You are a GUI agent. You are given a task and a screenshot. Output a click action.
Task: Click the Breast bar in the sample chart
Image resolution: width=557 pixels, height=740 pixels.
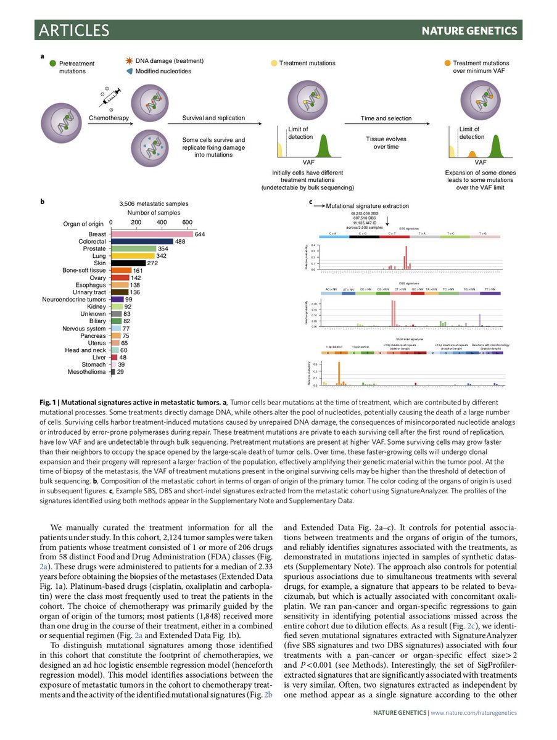(x=152, y=234)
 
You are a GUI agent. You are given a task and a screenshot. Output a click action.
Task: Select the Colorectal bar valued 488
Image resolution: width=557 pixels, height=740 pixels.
(x=142, y=242)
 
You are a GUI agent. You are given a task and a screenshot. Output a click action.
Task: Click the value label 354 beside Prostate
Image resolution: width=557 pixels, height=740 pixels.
(x=163, y=249)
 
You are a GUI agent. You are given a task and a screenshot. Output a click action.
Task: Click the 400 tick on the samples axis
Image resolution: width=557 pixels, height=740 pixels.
(x=162, y=222)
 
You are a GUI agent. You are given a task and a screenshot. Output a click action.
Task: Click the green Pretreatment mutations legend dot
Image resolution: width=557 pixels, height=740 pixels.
(x=53, y=63)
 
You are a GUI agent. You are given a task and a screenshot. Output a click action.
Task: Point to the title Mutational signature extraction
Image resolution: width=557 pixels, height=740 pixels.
(x=367, y=206)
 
